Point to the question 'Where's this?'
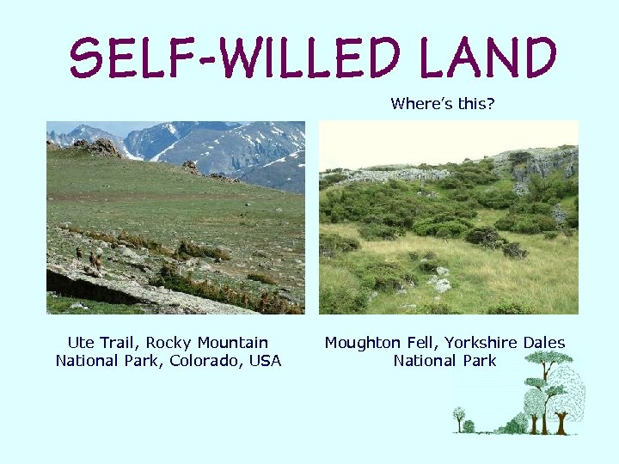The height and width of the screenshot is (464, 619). pos(443,104)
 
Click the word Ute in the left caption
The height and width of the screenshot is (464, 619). pos(81,343)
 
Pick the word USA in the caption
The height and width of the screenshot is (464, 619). pos(266,361)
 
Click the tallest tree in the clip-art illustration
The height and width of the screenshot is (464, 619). pos(547,387)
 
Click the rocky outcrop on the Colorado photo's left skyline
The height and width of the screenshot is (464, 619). pos(101,147)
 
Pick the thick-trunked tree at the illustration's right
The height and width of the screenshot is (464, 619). pos(564,404)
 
